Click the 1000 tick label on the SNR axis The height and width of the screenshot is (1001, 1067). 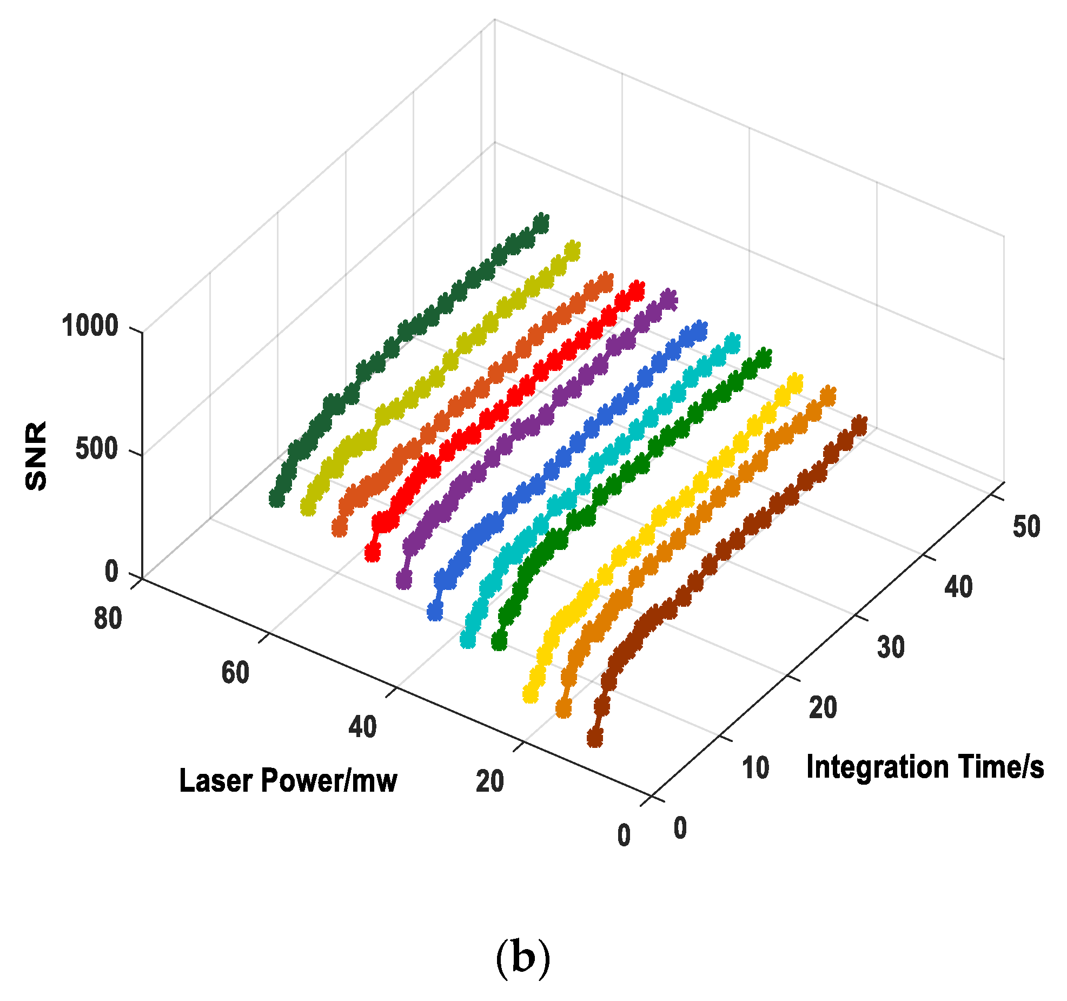(x=90, y=326)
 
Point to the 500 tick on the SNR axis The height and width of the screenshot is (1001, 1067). (x=97, y=449)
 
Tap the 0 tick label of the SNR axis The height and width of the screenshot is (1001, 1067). (x=111, y=572)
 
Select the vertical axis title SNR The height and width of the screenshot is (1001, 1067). (x=37, y=456)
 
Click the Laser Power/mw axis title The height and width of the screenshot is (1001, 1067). (x=288, y=781)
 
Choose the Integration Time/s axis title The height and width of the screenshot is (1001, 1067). (x=925, y=767)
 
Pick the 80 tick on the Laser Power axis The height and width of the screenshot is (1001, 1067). (x=108, y=618)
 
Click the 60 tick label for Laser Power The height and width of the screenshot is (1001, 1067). (x=235, y=673)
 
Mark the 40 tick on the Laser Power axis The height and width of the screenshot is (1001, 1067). (x=362, y=727)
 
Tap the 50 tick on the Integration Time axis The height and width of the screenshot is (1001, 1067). (x=1026, y=526)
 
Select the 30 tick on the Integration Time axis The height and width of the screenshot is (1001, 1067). (x=891, y=647)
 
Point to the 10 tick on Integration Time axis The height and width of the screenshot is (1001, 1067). (x=755, y=768)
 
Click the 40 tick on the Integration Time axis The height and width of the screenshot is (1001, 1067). (x=958, y=587)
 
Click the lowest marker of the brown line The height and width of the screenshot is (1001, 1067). (x=594, y=737)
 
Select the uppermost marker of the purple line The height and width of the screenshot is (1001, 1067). (x=669, y=299)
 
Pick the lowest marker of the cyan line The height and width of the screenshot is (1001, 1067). (x=468, y=639)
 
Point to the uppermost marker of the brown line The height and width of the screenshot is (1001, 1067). (x=859, y=426)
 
